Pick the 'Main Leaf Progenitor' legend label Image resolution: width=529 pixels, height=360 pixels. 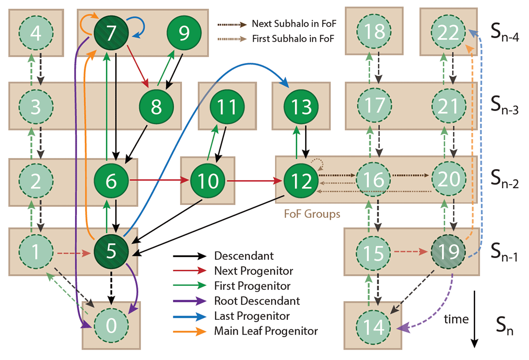pyautogui.click(x=266, y=331)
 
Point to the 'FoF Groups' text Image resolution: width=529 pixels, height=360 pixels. pyautogui.click(x=312, y=214)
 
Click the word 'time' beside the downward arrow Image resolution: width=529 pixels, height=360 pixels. pyautogui.click(x=456, y=320)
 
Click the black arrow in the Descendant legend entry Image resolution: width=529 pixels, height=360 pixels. pyautogui.click(x=190, y=256)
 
